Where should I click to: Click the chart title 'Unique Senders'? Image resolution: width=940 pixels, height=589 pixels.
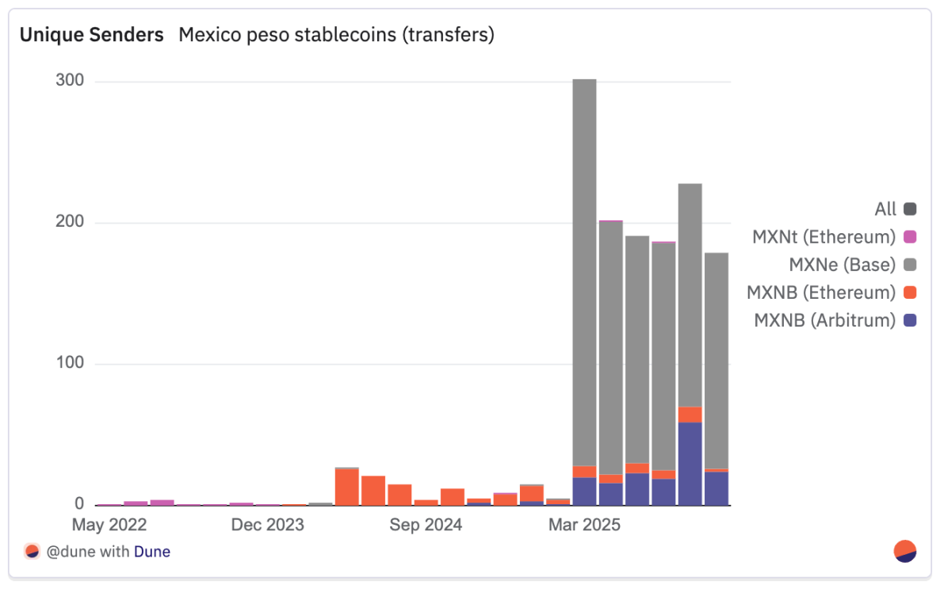(x=91, y=35)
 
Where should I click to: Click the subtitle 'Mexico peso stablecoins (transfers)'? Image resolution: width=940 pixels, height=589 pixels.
(x=336, y=35)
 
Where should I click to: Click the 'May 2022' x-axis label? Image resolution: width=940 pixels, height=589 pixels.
(x=109, y=525)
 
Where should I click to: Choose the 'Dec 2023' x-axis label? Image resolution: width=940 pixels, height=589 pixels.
(x=267, y=525)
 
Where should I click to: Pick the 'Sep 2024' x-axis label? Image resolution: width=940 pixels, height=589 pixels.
(x=426, y=525)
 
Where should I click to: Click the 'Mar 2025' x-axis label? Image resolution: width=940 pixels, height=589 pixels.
(x=584, y=525)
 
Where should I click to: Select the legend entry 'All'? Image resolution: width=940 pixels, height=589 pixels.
(x=885, y=209)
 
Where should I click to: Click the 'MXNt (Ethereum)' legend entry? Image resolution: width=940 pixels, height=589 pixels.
(x=824, y=237)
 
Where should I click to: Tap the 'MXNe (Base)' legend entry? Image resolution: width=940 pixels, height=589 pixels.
(x=842, y=265)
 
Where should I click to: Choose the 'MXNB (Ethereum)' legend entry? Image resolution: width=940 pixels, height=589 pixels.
(x=821, y=293)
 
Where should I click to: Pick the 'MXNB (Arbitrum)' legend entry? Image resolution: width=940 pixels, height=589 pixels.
(x=824, y=320)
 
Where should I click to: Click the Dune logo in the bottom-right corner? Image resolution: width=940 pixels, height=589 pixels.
(x=905, y=551)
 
